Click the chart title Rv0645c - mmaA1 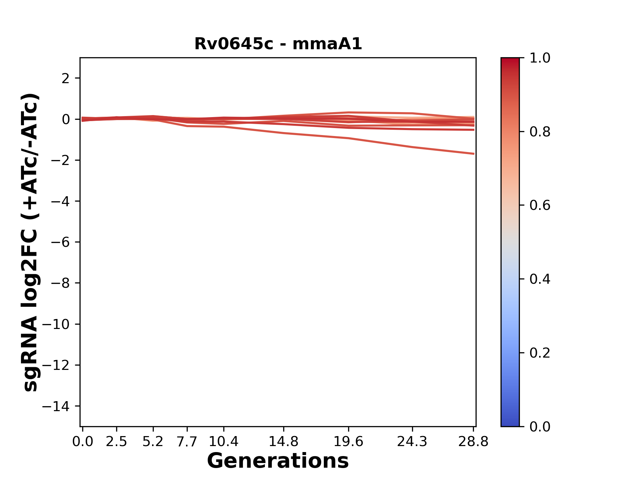click(278, 44)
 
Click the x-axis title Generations click(278, 461)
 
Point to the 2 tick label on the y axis click(66, 79)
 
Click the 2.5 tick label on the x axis click(116, 442)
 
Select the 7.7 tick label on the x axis click(187, 442)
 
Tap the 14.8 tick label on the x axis click(284, 442)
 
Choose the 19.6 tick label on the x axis click(348, 442)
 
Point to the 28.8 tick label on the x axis click(473, 442)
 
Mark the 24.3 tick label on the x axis click(412, 442)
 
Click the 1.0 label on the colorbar click(540, 58)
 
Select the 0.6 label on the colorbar click(540, 206)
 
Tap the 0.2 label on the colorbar click(540, 353)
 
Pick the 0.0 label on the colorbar click(540, 426)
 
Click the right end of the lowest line click(474, 154)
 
